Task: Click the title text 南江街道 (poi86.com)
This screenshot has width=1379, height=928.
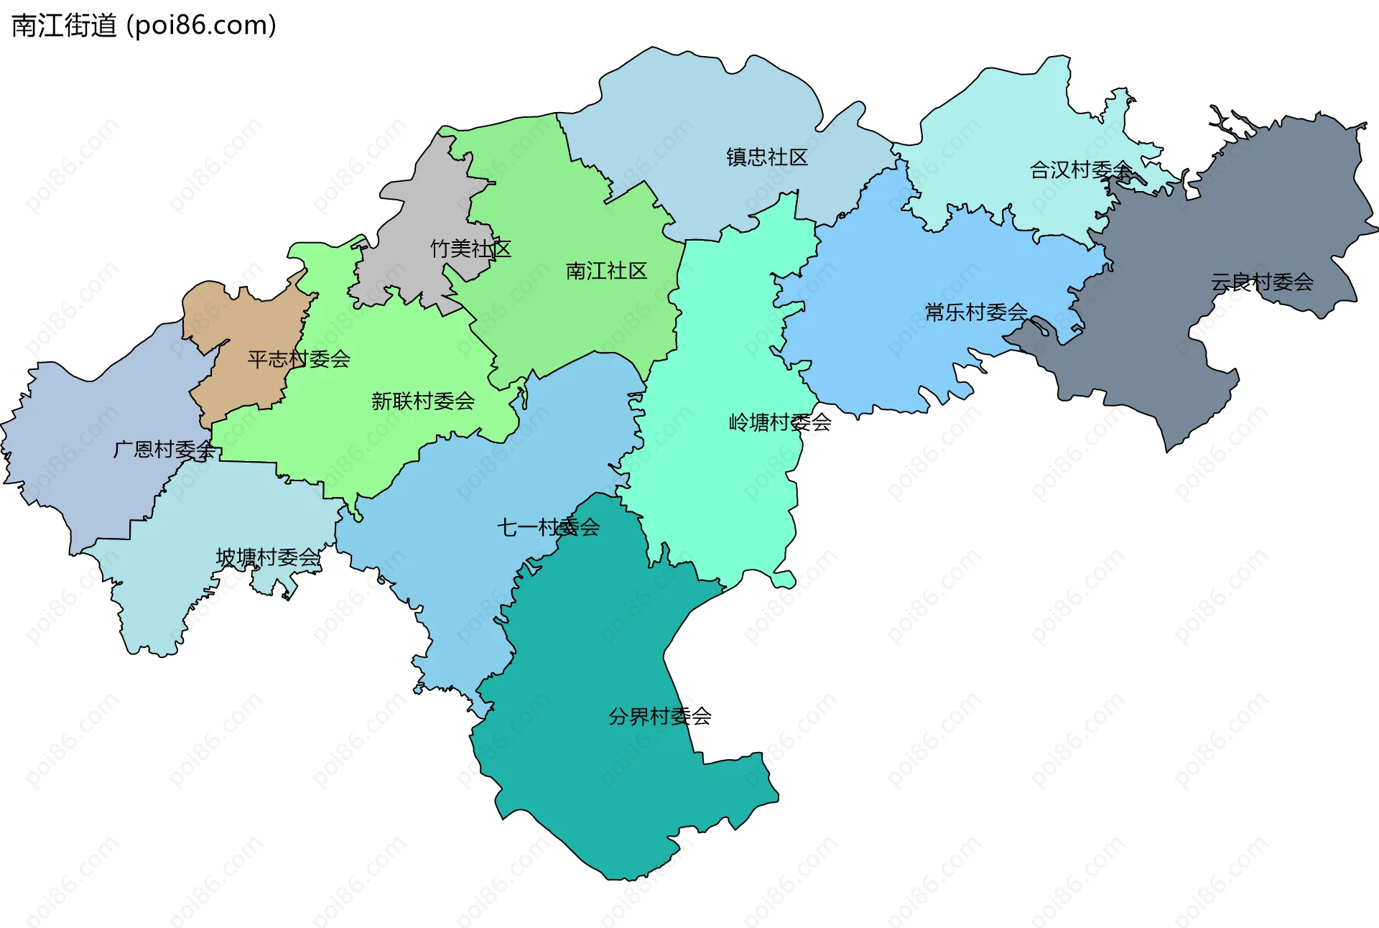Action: [x=144, y=26]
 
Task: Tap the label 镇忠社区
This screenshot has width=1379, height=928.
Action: [x=766, y=157]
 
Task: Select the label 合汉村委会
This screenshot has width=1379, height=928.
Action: [x=1081, y=170]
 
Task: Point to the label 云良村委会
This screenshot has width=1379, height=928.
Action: [x=1262, y=282]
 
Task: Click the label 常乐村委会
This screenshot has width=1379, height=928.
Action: [x=976, y=312]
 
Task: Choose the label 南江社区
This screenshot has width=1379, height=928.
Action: [x=606, y=271]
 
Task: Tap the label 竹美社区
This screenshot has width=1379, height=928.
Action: [x=470, y=249]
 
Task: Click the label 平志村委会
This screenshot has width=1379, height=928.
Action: [x=299, y=358]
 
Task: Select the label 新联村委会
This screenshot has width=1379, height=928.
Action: [x=423, y=401]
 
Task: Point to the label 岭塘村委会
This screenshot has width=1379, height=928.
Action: [x=780, y=422]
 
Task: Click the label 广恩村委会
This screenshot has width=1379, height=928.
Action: [x=164, y=450]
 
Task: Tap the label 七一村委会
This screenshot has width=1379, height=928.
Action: [x=548, y=527]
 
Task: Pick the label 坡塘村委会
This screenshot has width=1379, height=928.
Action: [x=268, y=557]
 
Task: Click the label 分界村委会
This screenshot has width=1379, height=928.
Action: [x=659, y=716]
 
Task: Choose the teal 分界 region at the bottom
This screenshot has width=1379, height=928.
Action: [x=610, y=790]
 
